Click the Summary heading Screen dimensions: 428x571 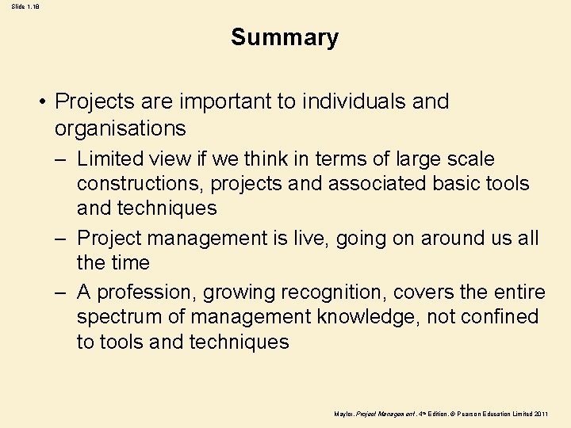pyautogui.click(x=285, y=37)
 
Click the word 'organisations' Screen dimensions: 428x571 pyautogui.click(x=121, y=128)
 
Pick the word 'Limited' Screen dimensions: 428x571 pyautogui.click(x=110, y=159)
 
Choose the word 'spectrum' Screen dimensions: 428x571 pyautogui.click(x=117, y=318)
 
